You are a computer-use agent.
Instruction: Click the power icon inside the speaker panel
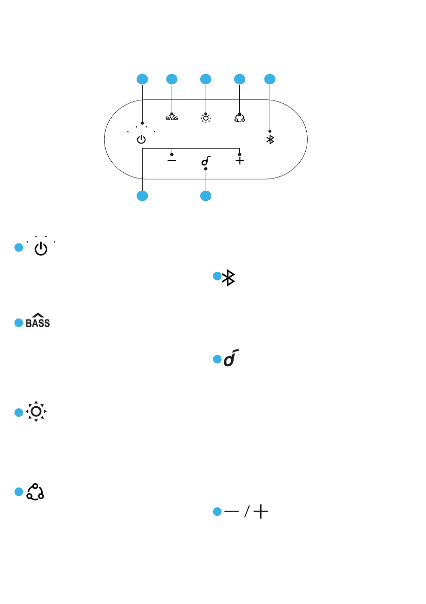point(142,139)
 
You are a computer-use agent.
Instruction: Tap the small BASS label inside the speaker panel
point(172,118)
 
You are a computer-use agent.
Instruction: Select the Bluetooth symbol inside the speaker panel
point(270,140)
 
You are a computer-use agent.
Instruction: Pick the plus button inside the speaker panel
point(240,160)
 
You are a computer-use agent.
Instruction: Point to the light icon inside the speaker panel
point(206,118)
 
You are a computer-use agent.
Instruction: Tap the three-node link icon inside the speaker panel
point(239,118)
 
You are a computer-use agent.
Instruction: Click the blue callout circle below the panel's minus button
point(142,196)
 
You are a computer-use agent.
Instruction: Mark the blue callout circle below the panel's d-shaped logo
point(206,196)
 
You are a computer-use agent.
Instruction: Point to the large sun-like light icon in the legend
point(36,412)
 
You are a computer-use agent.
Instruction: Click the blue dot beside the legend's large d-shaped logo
point(217,360)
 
